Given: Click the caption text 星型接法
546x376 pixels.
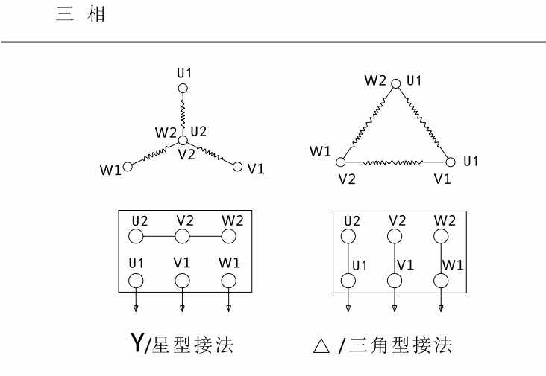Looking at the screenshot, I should coord(192,345).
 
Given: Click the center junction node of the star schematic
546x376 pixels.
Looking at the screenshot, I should coord(183,140).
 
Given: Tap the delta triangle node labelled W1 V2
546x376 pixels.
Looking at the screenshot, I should coord(341,161).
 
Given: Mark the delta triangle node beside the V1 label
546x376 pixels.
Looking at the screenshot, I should coord(450,161).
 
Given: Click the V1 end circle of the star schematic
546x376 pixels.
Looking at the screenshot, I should coord(238,166).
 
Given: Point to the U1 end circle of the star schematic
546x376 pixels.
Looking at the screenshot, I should coord(183,88).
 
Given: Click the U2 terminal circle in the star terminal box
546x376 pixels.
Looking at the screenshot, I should coord(136,237).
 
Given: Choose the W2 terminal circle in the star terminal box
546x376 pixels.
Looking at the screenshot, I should coord(228,237).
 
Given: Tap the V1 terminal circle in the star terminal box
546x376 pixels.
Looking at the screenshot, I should coord(182,281).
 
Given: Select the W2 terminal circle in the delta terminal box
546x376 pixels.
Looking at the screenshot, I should coord(441,237).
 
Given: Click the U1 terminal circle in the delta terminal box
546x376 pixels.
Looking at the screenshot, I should coord(348,281).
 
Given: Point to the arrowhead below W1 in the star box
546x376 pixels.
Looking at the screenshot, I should coord(228,308).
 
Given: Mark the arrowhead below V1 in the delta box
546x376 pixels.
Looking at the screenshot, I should coord(395,308).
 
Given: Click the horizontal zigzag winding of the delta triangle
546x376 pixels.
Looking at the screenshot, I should coord(395,161).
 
